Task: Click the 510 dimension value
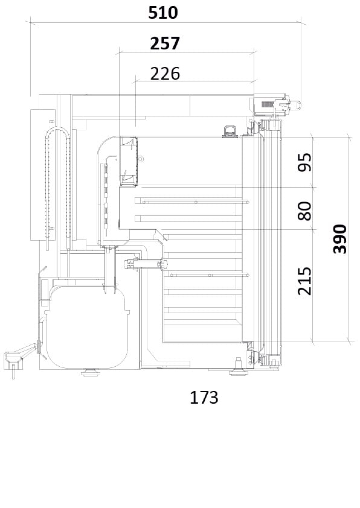tap(163, 13)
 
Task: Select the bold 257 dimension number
tap(165, 43)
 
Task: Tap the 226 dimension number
tap(165, 73)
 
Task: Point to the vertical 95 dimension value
tap(304, 162)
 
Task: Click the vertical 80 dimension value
tap(304, 211)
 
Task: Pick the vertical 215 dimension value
tap(304, 281)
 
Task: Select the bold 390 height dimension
tap(340, 239)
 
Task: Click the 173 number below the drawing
tap(204, 398)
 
